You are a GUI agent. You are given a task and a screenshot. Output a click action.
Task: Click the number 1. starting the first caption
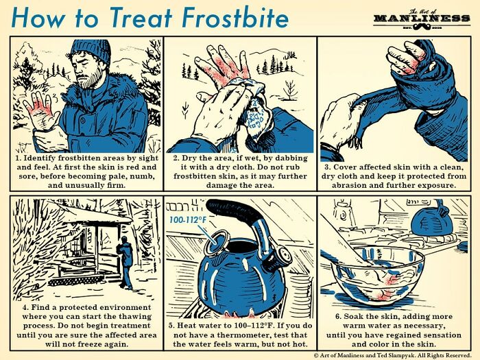click(x=21, y=157)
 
